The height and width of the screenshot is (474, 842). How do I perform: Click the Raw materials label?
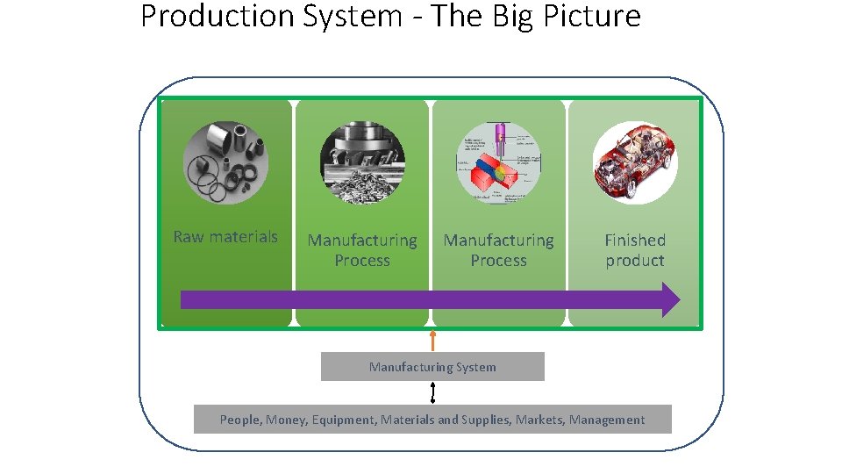225,236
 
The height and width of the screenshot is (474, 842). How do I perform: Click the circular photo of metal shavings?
362,162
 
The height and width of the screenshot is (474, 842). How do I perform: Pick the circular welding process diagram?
498,162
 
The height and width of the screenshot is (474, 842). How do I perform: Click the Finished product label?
635,250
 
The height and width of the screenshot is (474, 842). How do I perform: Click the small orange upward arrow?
432,340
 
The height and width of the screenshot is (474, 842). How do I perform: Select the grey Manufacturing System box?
432,367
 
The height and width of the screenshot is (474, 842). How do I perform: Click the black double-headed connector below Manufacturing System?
432,392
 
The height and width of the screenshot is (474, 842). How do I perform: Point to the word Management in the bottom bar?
607,420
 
